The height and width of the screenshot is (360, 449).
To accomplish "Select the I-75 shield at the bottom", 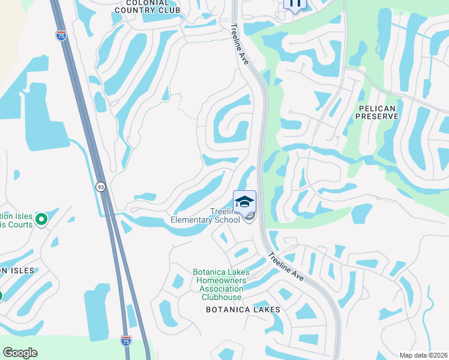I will click(x=125, y=340).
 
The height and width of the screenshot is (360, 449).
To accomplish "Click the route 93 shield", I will click(x=100, y=187).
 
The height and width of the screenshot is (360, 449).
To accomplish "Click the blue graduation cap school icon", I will click(x=244, y=202).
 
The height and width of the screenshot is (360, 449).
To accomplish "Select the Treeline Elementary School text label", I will click(x=205, y=215).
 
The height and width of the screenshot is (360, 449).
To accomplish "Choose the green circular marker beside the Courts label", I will click(x=41, y=220).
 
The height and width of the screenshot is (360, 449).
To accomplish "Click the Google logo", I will click(x=20, y=353).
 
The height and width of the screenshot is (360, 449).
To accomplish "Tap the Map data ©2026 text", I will click(x=423, y=355).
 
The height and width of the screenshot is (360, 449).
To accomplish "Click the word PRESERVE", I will click(x=377, y=116).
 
